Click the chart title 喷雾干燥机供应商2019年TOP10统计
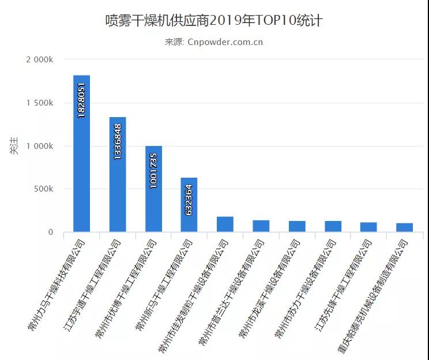point(214,21)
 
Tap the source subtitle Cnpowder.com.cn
point(214,42)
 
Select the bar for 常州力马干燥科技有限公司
point(81,153)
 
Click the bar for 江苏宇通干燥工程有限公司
point(118,174)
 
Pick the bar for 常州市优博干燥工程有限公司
point(153,189)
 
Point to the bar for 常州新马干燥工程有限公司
point(189,205)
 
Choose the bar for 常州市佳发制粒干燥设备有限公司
point(225,224)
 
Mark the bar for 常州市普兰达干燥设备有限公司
point(261,226)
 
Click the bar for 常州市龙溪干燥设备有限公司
point(297,227)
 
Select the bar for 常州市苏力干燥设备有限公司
point(333,227)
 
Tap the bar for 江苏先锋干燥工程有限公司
point(368,227)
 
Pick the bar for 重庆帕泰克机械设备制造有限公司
point(404,227)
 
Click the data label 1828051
point(81,100)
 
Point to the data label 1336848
point(118,141)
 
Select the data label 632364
point(189,200)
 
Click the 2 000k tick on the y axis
point(40,60)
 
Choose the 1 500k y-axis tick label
point(40,103)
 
